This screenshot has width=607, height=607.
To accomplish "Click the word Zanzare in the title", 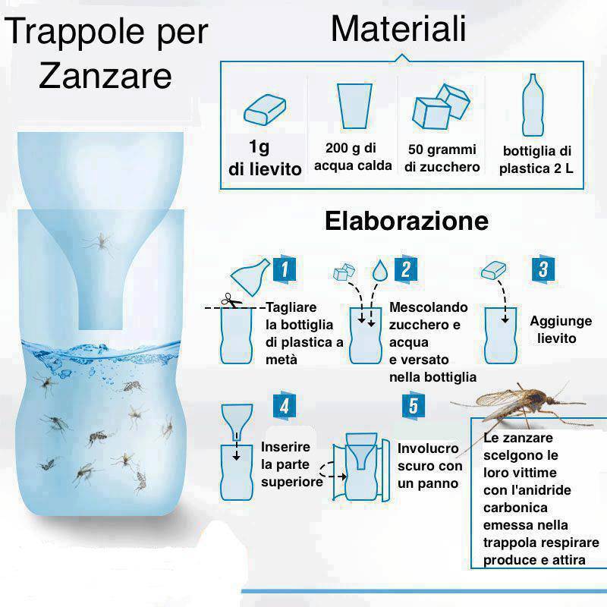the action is point(105,76).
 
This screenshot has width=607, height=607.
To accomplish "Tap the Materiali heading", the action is point(398,28).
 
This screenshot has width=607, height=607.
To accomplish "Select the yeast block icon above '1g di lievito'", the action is point(265,109).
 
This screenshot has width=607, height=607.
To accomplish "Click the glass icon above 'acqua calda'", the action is point(354,105).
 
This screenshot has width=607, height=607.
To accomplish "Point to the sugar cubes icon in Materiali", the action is point(441,106).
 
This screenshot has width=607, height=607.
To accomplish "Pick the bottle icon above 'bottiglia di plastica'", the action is point(533,105).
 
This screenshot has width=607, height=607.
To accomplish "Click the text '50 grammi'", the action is point(442,149).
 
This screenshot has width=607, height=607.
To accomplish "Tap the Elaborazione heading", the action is point(407,221).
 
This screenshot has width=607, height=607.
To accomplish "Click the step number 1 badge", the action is point(285,269).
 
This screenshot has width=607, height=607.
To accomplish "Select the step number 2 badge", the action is point(406,269).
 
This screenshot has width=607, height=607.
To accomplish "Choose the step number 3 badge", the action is point(543,269).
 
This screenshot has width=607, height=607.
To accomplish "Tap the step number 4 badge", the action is point(285,405).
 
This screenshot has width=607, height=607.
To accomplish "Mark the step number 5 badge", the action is point(414,405).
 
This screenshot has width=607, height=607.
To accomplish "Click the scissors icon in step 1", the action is point(231,300).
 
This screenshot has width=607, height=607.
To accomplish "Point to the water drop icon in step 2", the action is point(380,271).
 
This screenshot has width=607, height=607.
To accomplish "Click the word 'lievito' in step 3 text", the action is point(557,338).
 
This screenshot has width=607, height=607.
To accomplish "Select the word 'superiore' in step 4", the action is point(292,482).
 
